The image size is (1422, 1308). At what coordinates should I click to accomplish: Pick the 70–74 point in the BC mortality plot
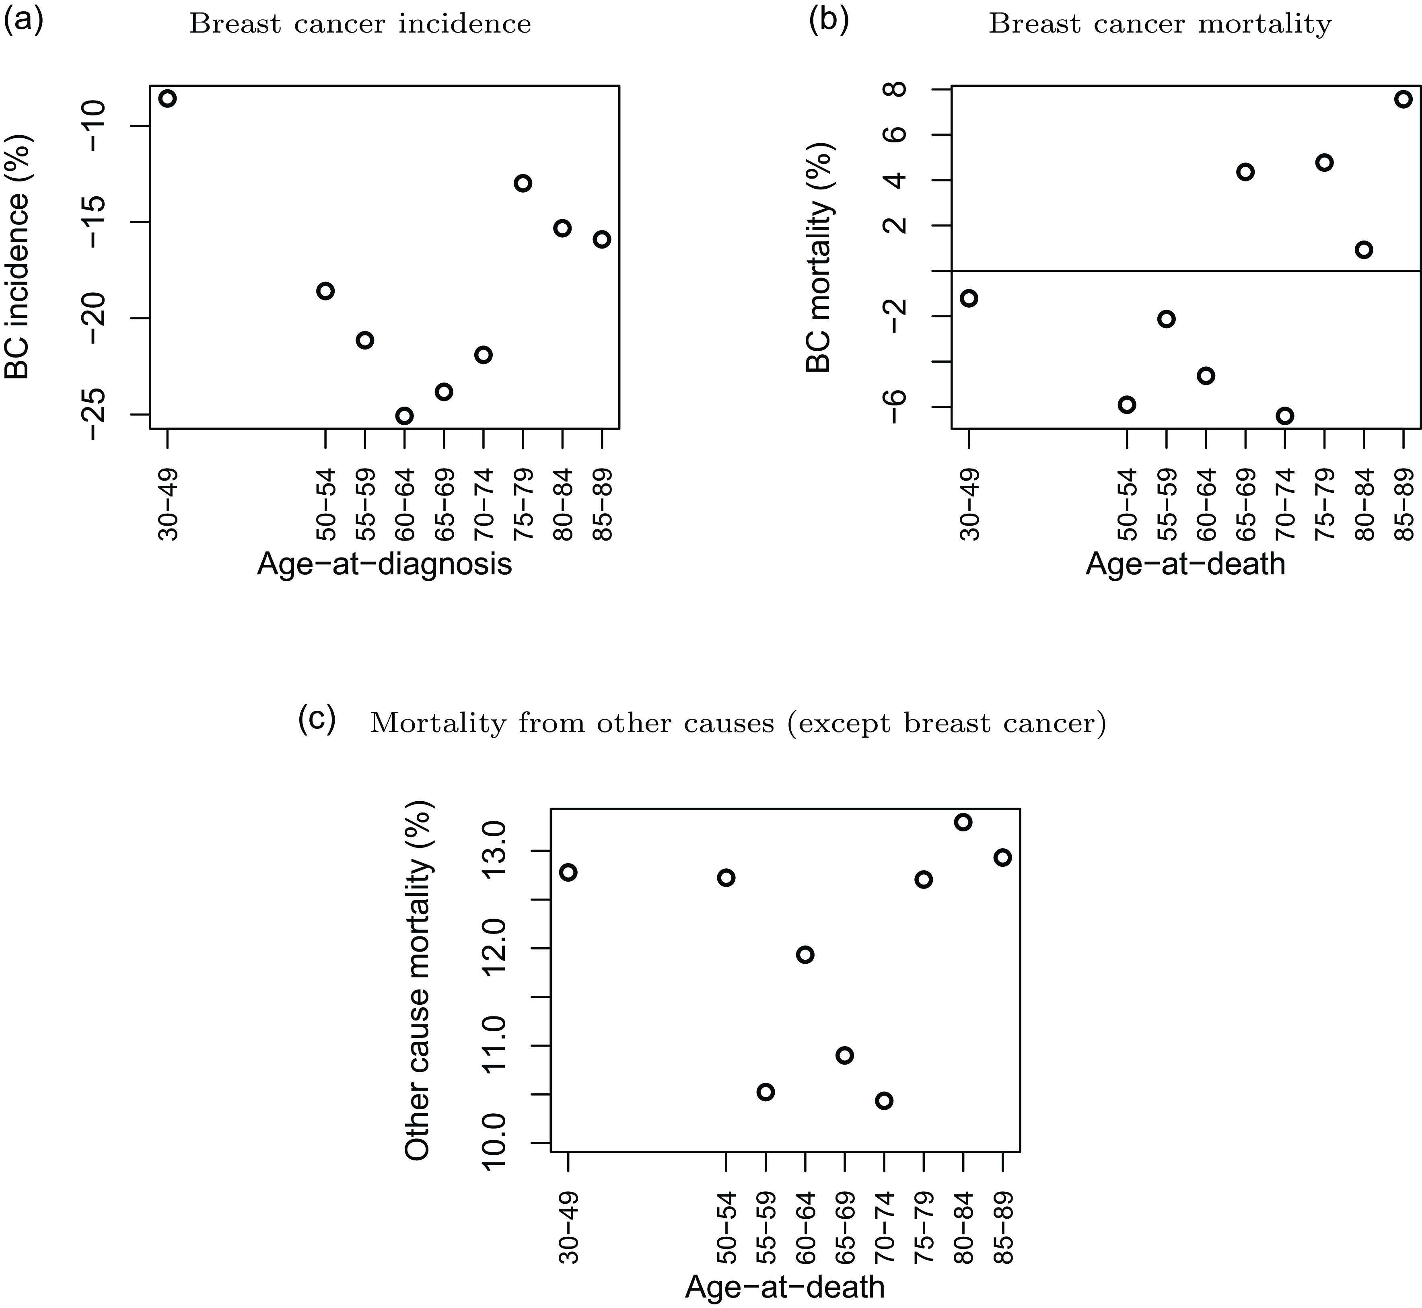[1285, 415]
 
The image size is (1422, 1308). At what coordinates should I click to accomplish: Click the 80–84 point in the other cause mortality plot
[963, 822]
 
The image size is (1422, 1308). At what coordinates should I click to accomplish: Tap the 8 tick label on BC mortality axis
[897, 90]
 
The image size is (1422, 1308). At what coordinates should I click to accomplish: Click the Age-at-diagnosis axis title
[384, 564]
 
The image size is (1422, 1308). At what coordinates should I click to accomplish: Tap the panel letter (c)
[317, 719]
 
